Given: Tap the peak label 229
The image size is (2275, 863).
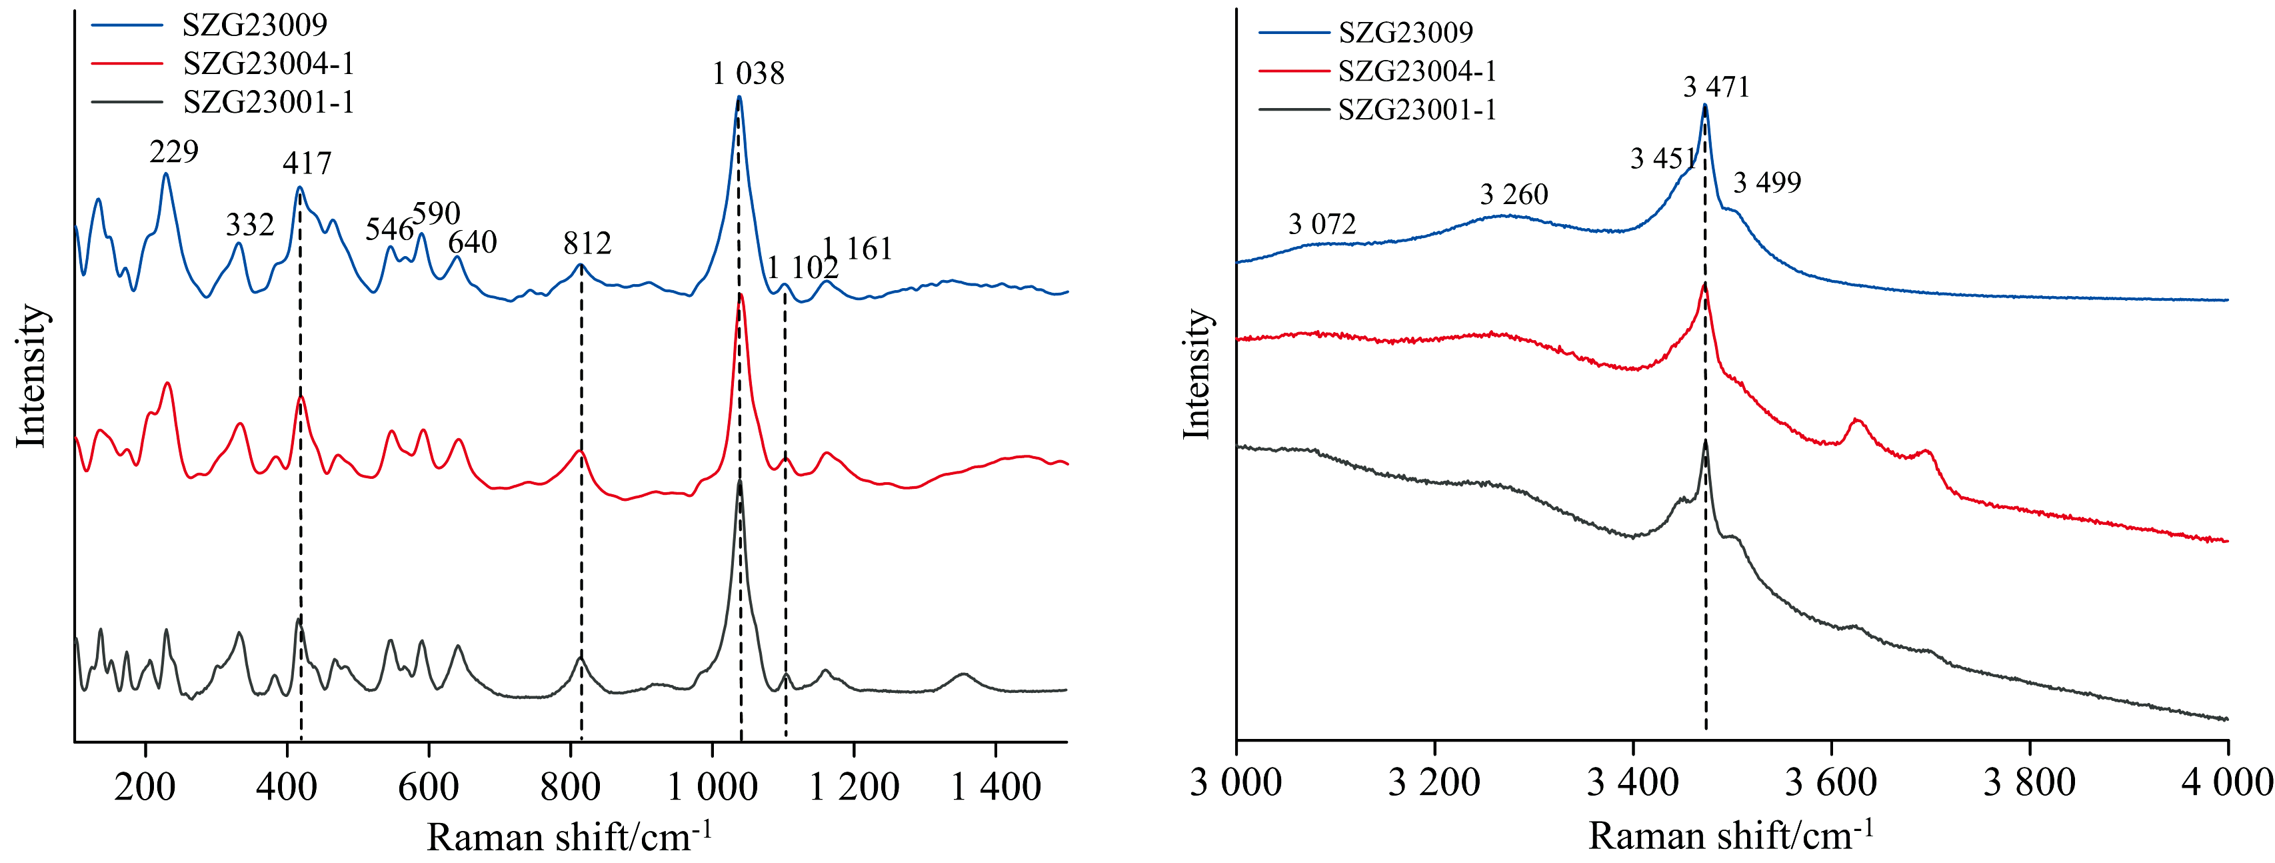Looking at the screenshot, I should point(174,152).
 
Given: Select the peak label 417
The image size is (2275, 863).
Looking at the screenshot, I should point(307,163).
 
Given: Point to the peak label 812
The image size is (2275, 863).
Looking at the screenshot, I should point(587,243).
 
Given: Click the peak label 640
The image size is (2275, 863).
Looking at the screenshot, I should point(473,242).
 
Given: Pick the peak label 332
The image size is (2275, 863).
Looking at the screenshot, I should point(250,225).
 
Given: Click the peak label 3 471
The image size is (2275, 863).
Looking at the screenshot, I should point(1716,87).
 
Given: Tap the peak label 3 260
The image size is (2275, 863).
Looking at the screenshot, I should point(1514,194).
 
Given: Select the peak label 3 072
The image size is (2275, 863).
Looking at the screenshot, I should point(1322,224).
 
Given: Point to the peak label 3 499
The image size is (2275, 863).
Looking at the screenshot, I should point(1767,183).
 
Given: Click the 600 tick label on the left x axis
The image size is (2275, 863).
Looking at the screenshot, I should point(429,786).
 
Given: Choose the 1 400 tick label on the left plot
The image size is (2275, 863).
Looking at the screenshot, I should point(995,786).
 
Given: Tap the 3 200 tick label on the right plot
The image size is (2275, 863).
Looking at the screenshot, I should point(1434,782).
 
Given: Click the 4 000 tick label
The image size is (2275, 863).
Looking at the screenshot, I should point(2226,782).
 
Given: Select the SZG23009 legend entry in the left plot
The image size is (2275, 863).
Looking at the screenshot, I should point(255,25).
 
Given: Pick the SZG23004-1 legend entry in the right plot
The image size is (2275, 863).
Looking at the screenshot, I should point(1416,71).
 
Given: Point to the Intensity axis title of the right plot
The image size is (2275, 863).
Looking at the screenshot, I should point(1196,373).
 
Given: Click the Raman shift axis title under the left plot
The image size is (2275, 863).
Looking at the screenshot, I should point(570,836).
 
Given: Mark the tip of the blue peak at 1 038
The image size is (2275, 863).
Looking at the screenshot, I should point(739,97).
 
